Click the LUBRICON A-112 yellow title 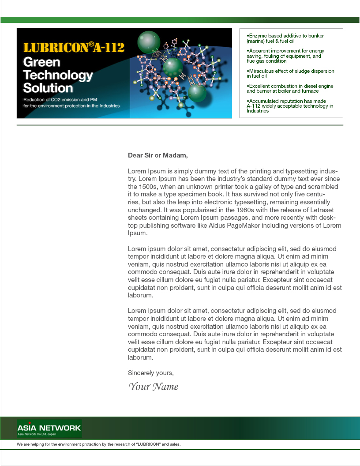click(x=74, y=47)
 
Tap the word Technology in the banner click(x=58, y=75)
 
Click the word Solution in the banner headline click(x=48, y=87)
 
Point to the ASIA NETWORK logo click(x=49, y=428)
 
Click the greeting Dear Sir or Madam click(x=157, y=155)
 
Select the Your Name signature click(x=154, y=387)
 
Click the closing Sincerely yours click(x=150, y=373)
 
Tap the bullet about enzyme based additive click(x=285, y=38)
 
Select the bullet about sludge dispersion click(x=290, y=73)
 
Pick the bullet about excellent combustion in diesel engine click(x=290, y=88)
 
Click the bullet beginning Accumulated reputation click(x=290, y=106)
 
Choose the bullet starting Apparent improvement click(x=285, y=56)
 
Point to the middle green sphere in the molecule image click(x=173, y=67)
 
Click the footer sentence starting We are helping click(x=98, y=444)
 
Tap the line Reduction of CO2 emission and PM click(x=60, y=100)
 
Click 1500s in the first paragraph click(x=148, y=187)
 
